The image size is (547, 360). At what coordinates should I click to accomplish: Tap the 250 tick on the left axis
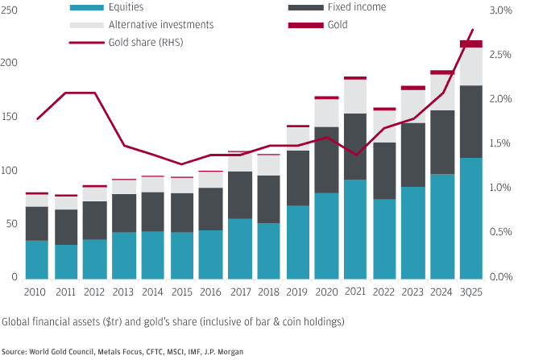(9, 10)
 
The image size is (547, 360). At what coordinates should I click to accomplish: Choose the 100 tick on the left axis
(9, 171)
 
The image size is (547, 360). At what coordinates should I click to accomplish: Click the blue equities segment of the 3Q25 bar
(470, 217)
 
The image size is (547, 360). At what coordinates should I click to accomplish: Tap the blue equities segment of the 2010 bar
(36, 259)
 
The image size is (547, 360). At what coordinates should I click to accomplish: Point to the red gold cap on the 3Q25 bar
(470, 43)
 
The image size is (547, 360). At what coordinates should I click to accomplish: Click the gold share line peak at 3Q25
(472, 30)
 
